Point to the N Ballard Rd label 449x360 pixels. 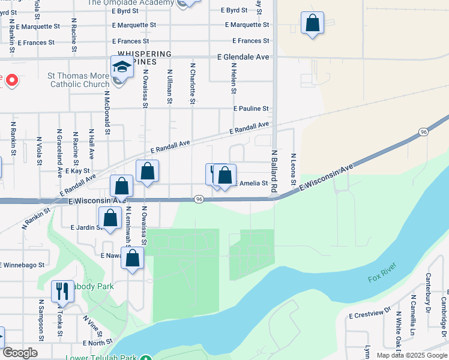tap(274, 171)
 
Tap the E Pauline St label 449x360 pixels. tap(252, 109)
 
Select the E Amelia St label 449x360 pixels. tap(252, 183)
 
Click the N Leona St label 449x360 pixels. tap(294, 167)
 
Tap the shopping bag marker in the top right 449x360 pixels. tap(312, 24)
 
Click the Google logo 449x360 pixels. tap(20, 353)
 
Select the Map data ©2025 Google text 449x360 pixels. tap(412, 355)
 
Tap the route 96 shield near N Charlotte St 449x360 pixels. tap(199, 199)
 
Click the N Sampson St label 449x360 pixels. tap(41, 320)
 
